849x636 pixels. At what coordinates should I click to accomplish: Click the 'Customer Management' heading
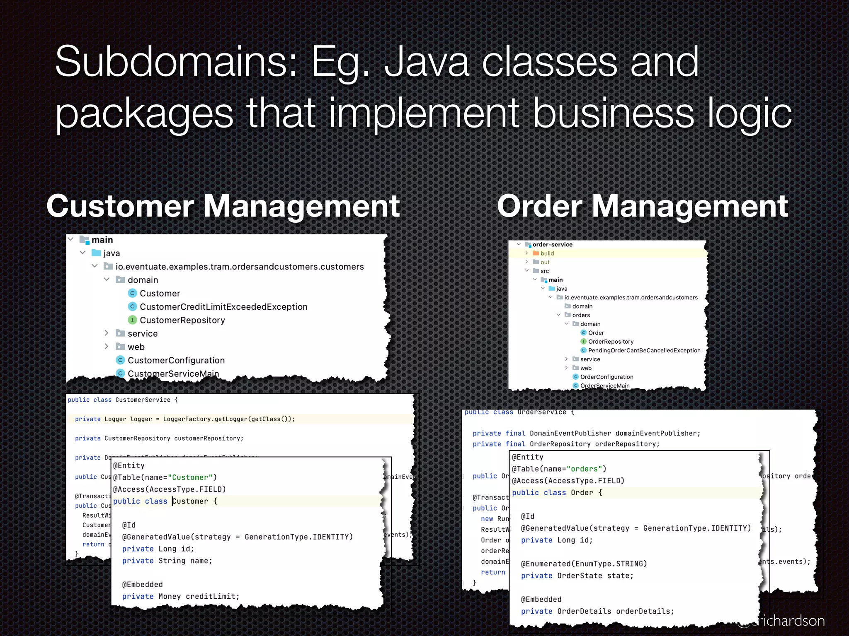[223, 206]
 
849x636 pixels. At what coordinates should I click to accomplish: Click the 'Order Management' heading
[642, 206]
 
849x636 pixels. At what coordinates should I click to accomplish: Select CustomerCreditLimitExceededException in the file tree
[223, 307]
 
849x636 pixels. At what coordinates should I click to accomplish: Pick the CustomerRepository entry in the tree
[182, 320]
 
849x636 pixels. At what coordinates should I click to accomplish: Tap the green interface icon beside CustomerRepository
[132, 320]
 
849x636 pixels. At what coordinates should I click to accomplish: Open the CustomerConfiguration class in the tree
[176, 360]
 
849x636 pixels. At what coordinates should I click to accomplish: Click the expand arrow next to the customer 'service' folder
[107, 333]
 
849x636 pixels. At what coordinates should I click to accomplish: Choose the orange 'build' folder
[547, 253]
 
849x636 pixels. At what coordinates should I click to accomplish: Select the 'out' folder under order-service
[545, 262]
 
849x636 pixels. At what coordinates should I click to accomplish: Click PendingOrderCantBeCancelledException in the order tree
[644, 350]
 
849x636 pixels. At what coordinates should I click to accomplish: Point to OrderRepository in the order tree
[611, 342]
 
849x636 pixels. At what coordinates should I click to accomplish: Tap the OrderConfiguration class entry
[606, 377]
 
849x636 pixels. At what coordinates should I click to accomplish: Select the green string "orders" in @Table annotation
[584, 469]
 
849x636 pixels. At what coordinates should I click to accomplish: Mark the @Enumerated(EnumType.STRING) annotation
[584, 564]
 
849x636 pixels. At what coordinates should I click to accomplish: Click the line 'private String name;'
[167, 561]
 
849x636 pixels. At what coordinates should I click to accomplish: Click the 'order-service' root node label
[552, 245]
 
